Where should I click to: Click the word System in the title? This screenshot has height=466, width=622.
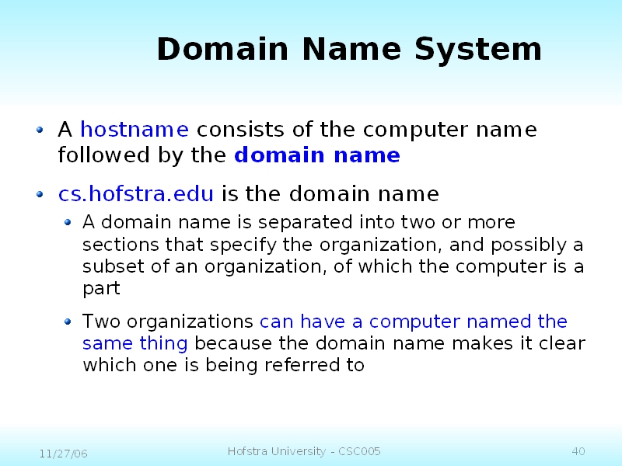tap(478, 50)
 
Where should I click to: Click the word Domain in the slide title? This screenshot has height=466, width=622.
tap(222, 49)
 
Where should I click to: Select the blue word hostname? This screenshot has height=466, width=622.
tap(135, 129)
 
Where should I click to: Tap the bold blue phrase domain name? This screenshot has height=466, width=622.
tap(317, 154)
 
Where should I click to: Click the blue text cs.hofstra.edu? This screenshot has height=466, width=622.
tap(135, 193)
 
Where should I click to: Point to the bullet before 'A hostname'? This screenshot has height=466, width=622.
tap(40, 129)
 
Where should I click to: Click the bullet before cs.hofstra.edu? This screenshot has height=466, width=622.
tap(40, 193)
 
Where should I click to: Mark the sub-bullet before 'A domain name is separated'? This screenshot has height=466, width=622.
tap(68, 222)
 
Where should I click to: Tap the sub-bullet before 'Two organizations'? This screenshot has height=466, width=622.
tap(68, 322)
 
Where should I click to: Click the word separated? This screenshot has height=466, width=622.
tap(305, 223)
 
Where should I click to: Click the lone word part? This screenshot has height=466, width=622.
tap(101, 288)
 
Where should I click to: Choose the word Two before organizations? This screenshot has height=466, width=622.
tap(101, 321)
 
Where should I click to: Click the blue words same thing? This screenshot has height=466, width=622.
tap(135, 343)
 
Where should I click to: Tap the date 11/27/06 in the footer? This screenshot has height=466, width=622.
tap(64, 454)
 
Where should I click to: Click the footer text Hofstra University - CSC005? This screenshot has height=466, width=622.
tap(304, 451)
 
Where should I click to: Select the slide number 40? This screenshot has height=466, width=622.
tap(578, 451)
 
